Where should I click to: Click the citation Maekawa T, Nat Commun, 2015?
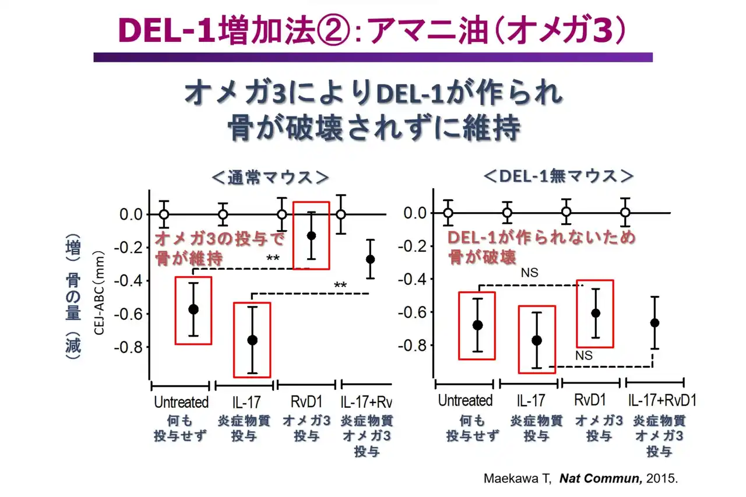point(581,479)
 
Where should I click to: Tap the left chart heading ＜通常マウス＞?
point(270,177)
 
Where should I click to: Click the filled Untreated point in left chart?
point(193,309)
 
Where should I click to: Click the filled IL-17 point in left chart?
point(252,340)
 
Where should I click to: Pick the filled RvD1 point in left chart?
point(311,235)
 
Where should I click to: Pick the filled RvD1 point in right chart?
point(596,313)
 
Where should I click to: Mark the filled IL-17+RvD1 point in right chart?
point(654,322)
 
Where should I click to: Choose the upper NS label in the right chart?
point(529,272)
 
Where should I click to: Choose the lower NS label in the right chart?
point(583,355)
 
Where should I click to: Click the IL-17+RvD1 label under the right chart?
point(662,401)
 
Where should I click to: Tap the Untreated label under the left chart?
point(181,402)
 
